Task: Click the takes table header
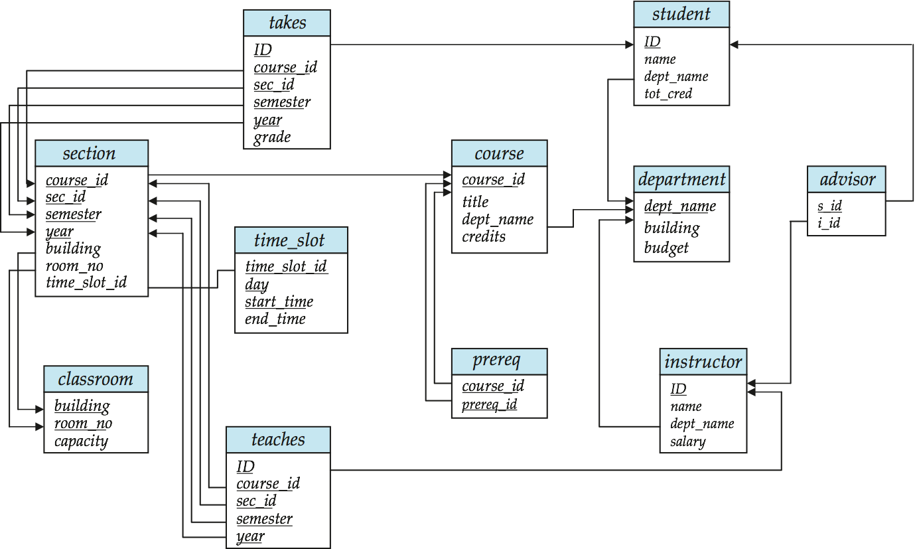pos(287,23)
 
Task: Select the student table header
pos(681,14)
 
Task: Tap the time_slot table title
pos(291,240)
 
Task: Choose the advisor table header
pos(847,179)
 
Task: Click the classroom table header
pos(96,379)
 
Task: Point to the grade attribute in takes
pos(272,137)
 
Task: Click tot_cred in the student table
pos(668,94)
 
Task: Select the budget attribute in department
pos(666,248)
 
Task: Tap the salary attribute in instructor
pos(687,441)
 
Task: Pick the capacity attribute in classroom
pos(81,441)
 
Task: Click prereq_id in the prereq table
pos(490,404)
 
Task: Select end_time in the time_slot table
pos(275,319)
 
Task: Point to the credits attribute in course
pos(484,236)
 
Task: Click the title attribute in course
pos(475,201)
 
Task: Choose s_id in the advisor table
pos(829,206)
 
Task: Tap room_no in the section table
pos(74,266)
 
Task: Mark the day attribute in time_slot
pos(256,284)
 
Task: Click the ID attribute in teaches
pos(246,466)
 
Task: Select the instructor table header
pos(703,362)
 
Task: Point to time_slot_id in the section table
pos(86,283)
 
